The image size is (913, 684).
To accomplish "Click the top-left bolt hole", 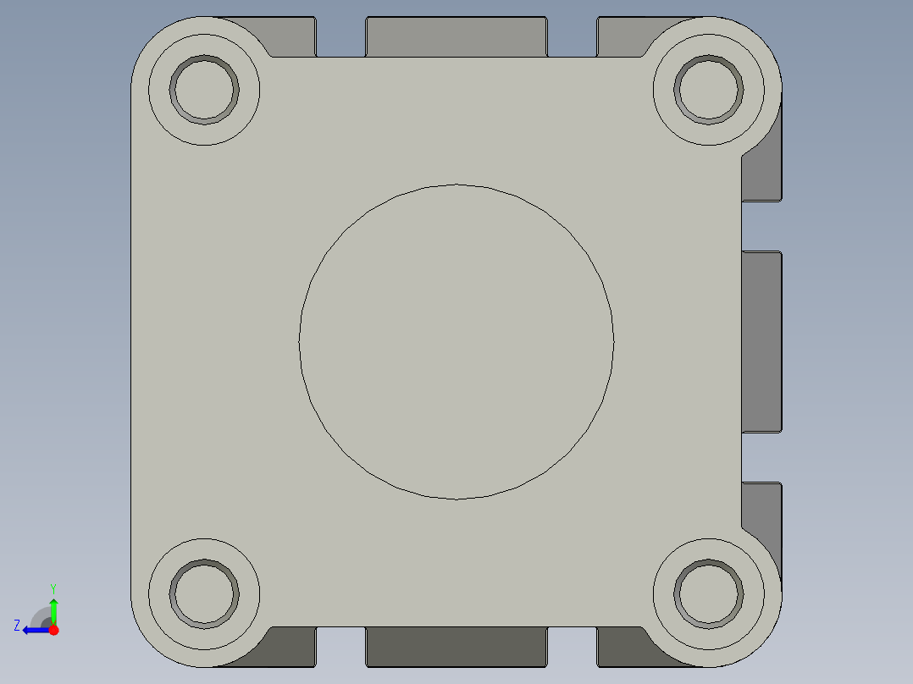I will [204, 89].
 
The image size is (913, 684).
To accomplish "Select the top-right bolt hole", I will [709, 89].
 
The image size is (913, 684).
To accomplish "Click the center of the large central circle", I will [456, 341].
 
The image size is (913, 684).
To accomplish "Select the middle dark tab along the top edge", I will [456, 36].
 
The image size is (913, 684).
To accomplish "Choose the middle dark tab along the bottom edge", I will [456, 647].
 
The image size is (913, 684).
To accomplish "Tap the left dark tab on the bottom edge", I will [292, 648].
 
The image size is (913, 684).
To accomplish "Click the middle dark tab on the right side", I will [761, 341].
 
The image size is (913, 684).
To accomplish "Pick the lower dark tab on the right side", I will [762, 508].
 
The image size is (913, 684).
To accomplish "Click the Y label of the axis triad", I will [53, 587].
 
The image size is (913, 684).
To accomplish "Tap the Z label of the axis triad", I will [16, 625].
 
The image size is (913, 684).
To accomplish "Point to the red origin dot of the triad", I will [53, 630].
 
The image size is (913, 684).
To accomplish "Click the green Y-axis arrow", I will [53, 610].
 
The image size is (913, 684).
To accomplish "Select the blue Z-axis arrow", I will [34, 630].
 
